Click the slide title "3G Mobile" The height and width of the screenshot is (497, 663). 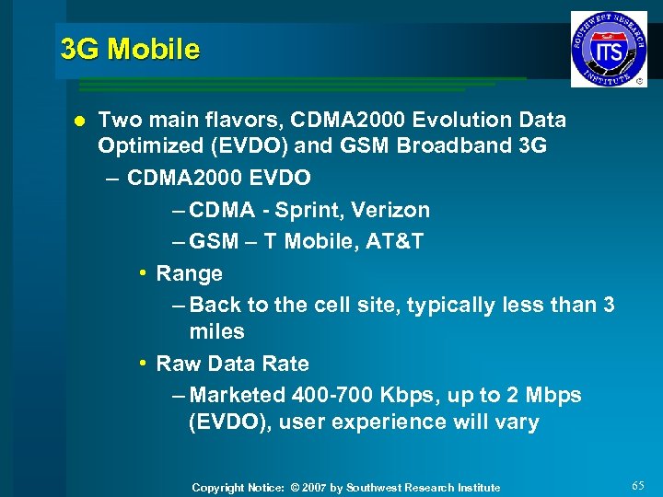[129, 49]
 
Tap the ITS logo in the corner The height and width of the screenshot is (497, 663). [609, 49]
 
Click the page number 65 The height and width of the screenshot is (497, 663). [639, 485]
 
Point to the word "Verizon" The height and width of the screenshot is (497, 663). [391, 211]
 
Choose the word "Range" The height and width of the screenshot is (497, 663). [190, 273]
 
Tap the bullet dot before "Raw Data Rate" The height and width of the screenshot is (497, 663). [143, 364]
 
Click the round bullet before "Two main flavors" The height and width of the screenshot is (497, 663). [78, 121]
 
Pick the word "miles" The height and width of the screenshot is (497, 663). [216, 331]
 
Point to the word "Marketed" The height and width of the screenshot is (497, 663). [238, 395]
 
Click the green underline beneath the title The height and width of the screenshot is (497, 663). [295, 85]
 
